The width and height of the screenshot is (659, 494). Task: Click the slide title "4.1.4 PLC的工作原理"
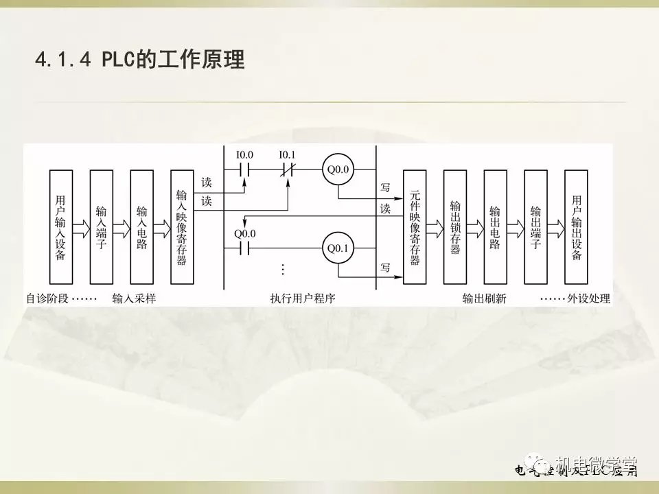click(139, 60)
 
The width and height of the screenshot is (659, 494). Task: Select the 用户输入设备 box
click(61, 227)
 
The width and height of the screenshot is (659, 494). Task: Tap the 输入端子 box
click(102, 227)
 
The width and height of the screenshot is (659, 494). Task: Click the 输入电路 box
click(142, 227)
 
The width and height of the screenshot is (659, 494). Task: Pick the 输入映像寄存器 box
click(182, 227)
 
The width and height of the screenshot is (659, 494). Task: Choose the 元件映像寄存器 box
click(415, 227)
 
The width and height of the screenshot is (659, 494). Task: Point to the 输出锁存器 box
click(455, 227)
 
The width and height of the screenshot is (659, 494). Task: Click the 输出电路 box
click(495, 227)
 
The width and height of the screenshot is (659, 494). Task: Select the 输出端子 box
click(535, 227)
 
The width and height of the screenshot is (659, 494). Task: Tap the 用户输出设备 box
click(576, 227)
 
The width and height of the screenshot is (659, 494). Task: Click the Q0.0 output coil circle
click(338, 169)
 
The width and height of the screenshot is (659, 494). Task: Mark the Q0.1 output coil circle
click(338, 248)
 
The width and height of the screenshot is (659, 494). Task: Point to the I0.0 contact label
click(245, 155)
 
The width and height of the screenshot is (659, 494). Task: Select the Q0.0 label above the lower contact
click(245, 233)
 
